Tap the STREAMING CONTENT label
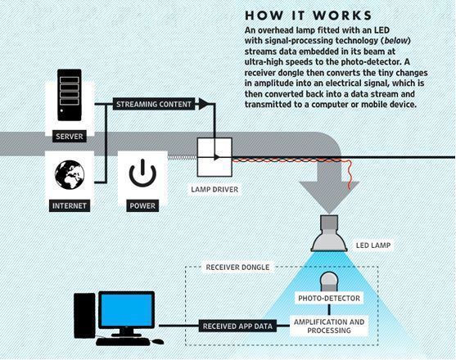(154, 104)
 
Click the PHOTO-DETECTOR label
(328, 299)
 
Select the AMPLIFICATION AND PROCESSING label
(329, 326)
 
